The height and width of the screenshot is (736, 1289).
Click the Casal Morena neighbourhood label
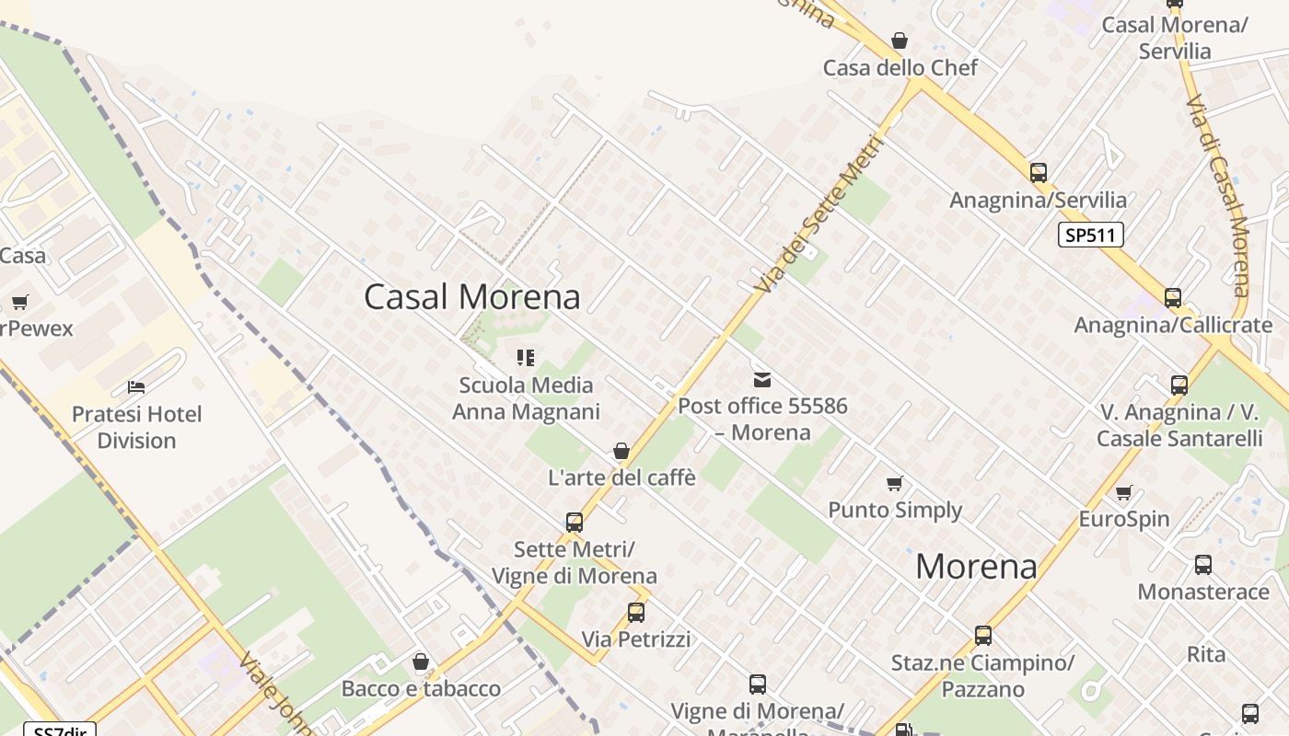(472, 296)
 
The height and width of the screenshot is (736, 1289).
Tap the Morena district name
(976, 566)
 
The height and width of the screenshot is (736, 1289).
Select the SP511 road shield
(1090, 236)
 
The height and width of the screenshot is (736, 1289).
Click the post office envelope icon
(762, 379)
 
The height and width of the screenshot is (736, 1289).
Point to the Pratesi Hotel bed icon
(136, 386)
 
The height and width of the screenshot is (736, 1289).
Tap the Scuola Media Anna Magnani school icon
(526, 357)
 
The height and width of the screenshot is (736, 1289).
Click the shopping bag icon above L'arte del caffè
(621, 451)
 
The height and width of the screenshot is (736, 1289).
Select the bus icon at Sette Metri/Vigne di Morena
(575, 523)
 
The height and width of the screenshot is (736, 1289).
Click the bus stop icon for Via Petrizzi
(635, 612)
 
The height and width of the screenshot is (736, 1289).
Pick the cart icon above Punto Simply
(894, 483)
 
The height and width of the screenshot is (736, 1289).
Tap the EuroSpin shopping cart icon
(1123, 492)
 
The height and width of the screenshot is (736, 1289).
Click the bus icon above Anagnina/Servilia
(1039, 172)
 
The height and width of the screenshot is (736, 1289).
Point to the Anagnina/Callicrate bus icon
(1172, 297)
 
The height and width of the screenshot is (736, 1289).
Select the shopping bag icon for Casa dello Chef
(900, 40)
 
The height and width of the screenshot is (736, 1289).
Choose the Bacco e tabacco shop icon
(421, 661)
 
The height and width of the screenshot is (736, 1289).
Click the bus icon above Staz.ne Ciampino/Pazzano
(983, 635)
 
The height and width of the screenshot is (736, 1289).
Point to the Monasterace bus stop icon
(1203, 564)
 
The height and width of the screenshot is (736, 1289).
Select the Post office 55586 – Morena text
(762, 419)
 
